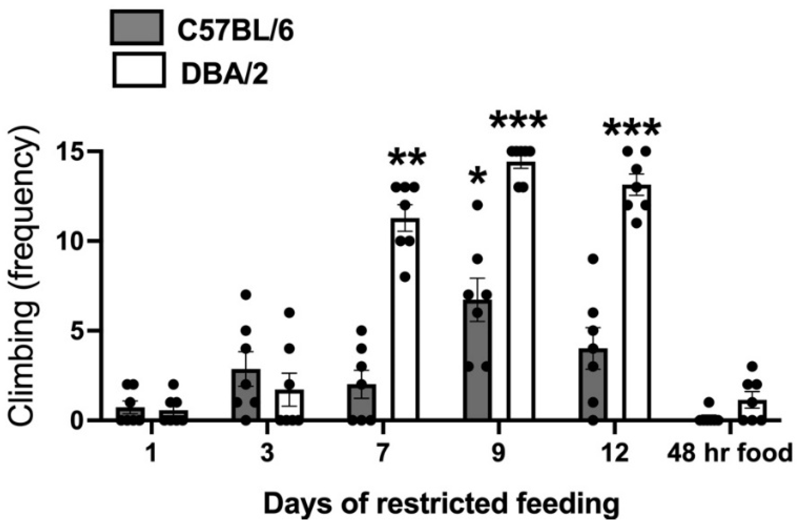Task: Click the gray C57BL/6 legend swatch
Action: (x=137, y=27)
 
